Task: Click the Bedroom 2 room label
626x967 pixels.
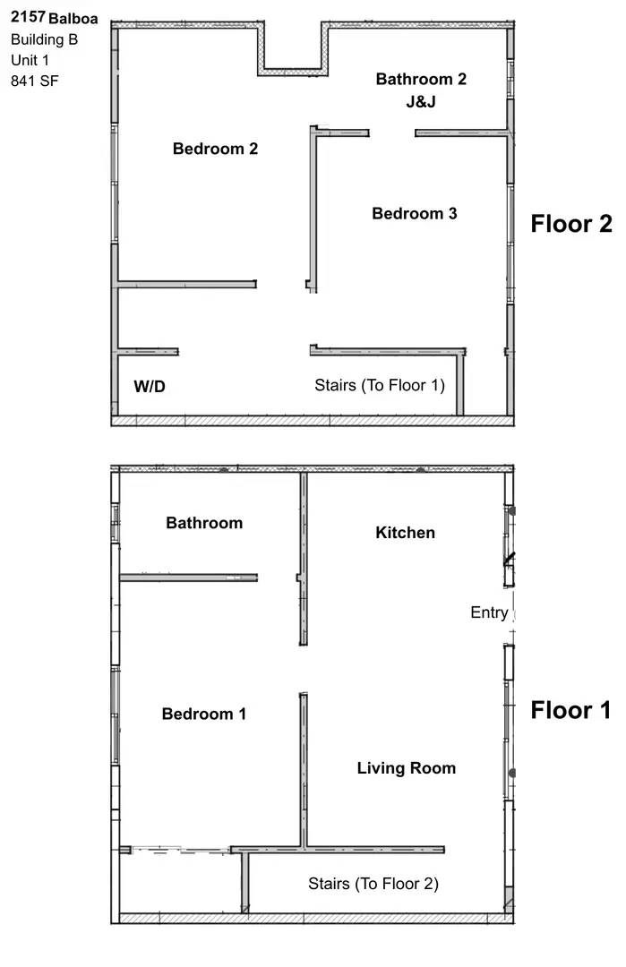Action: point(215,149)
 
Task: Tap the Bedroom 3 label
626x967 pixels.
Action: point(414,213)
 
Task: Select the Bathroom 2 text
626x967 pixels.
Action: point(420,79)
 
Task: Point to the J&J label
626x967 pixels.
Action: point(420,101)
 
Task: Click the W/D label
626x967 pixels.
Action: point(150,387)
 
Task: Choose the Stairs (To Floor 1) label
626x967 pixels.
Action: point(379,385)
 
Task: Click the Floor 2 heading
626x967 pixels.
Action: point(570,223)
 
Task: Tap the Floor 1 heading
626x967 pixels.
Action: point(570,710)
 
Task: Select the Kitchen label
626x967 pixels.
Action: point(405,533)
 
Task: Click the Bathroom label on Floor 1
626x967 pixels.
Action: point(204,523)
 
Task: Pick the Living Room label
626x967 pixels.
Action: point(406,768)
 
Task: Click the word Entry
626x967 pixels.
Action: point(489,613)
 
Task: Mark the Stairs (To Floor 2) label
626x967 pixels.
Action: point(373,884)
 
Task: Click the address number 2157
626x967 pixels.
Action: point(28,17)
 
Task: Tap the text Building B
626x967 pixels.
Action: point(44,39)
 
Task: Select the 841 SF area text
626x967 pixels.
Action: point(35,81)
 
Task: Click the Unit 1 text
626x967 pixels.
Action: point(30,60)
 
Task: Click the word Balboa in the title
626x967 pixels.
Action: point(74,18)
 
